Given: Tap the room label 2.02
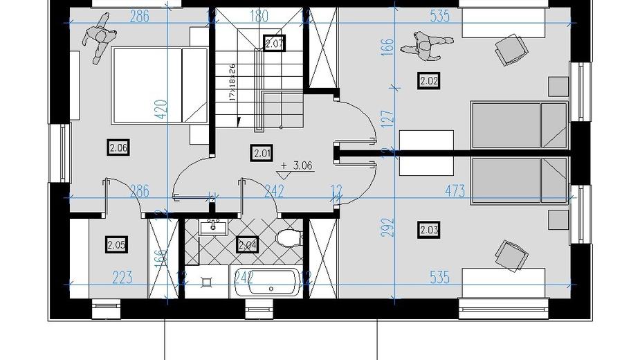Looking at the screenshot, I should coord(429,81).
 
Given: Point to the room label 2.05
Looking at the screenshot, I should coord(116,244).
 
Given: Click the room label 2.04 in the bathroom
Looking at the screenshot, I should coord(247,244).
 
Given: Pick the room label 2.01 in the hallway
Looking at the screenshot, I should coord(262,153).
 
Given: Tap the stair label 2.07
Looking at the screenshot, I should coord(275,44).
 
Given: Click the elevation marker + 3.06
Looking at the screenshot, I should coord(296,166).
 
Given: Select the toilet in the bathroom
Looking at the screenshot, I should coord(288,238).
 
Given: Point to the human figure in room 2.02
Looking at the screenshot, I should coord(422,45).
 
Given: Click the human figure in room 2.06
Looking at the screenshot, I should coord(98,39).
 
